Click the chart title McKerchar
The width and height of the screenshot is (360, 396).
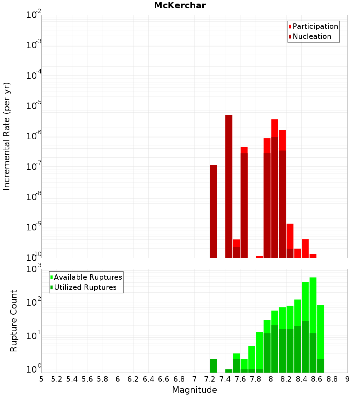coord(180,5)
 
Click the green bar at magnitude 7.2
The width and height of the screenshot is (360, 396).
coord(213,366)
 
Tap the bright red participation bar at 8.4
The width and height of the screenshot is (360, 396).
coord(305,248)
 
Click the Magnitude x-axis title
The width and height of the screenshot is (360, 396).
coord(194,390)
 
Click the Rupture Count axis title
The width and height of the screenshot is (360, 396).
coord(14,321)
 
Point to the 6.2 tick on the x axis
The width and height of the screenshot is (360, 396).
coord(133,379)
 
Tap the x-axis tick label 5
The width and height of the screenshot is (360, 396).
coord(41,379)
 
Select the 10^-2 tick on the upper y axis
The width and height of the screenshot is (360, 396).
coord(34,15)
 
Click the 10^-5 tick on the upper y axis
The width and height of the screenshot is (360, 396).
coord(34,106)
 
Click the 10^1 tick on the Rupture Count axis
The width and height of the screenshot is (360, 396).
coord(34,337)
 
